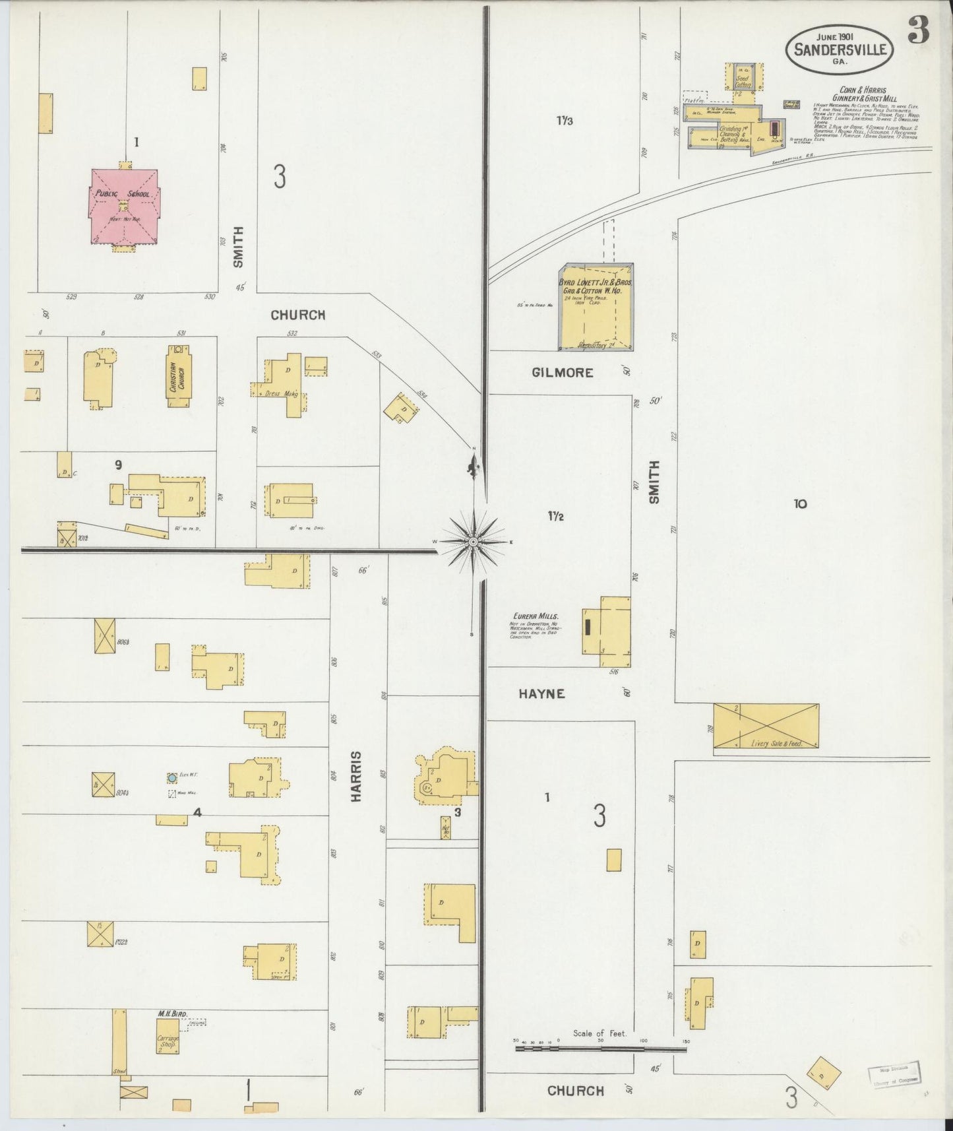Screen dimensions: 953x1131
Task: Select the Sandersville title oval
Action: [x=839, y=49]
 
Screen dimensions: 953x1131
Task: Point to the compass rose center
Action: [x=473, y=542]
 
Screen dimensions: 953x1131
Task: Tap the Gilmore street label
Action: [x=563, y=373]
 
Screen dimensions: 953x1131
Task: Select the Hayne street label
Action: [x=541, y=694]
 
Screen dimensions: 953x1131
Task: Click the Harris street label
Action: [x=357, y=776]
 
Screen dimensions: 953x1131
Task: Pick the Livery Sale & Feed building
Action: [x=766, y=726]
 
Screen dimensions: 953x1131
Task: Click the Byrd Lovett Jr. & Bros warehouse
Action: [x=596, y=306]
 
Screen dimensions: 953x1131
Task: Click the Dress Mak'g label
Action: [x=281, y=393]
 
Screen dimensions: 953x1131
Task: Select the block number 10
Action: [x=800, y=504]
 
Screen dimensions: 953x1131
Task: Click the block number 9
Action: [x=118, y=465]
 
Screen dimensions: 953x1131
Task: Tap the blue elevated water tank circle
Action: [x=172, y=778]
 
